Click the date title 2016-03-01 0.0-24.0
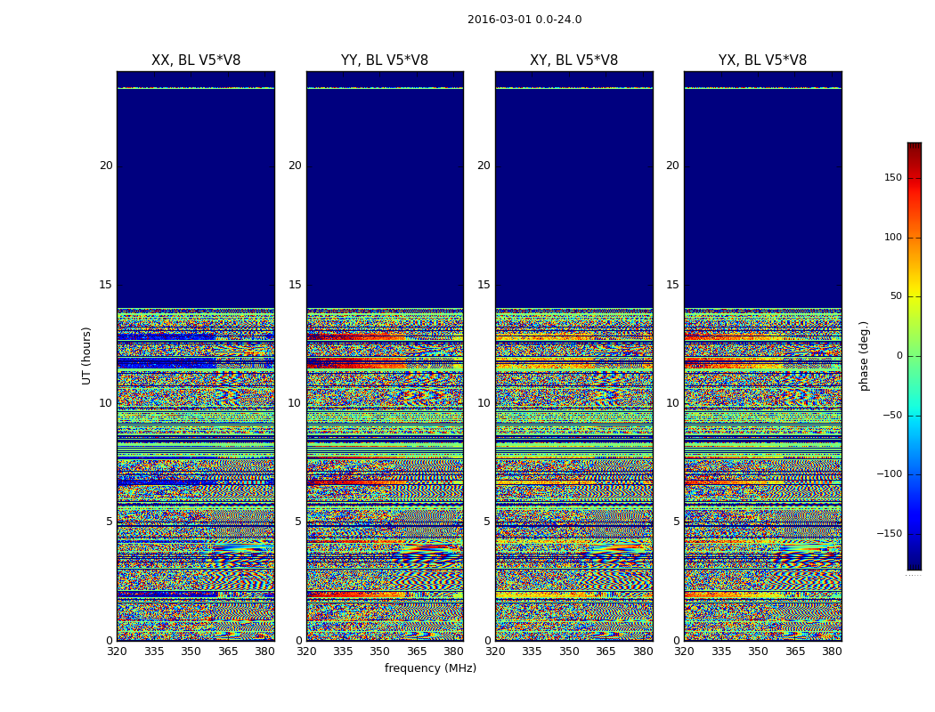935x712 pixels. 524,20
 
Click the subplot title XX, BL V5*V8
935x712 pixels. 196,61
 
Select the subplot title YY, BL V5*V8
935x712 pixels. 385,61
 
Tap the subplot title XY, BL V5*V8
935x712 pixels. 573,61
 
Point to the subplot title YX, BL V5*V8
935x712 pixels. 762,61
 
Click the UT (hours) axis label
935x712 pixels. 87,355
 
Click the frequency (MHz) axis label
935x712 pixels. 430,668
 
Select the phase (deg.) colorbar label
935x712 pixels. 864,356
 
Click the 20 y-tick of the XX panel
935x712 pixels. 106,166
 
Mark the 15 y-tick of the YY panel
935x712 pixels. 295,285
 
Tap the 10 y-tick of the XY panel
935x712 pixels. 484,403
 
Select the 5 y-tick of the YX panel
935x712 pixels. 676,522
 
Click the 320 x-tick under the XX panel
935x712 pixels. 117,651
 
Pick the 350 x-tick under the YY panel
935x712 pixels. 380,651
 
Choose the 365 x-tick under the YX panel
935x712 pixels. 795,651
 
